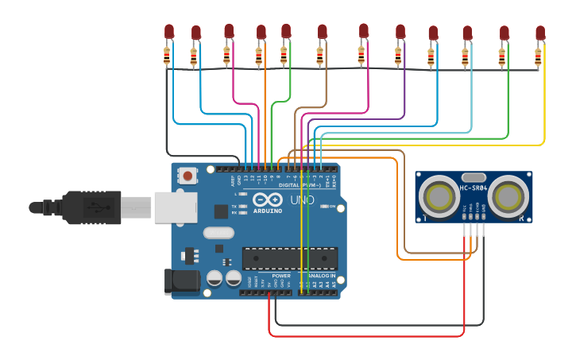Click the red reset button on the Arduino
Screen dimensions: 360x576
(187, 175)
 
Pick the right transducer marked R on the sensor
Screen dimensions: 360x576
(508, 195)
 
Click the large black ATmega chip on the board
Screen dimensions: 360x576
(290, 258)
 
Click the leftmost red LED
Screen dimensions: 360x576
(169, 31)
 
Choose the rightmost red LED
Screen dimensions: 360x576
(540, 33)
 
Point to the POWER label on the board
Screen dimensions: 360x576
(270, 277)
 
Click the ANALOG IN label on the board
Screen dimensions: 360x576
(318, 277)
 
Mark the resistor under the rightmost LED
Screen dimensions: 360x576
(538, 57)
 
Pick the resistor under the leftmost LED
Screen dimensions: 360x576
(167, 56)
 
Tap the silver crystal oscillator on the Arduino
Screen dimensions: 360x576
(218, 233)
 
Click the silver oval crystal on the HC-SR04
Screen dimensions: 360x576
(474, 179)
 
